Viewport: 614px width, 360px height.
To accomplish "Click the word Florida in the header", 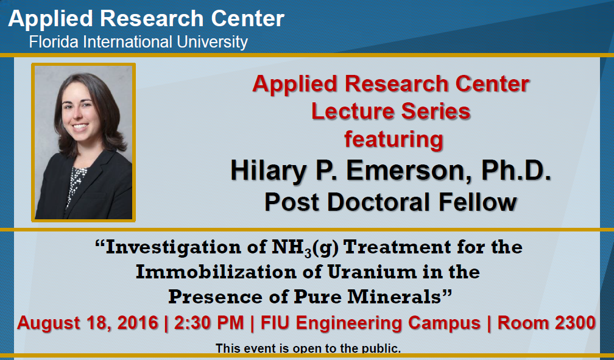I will (48, 42).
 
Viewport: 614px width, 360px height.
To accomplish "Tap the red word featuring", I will (393, 139).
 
